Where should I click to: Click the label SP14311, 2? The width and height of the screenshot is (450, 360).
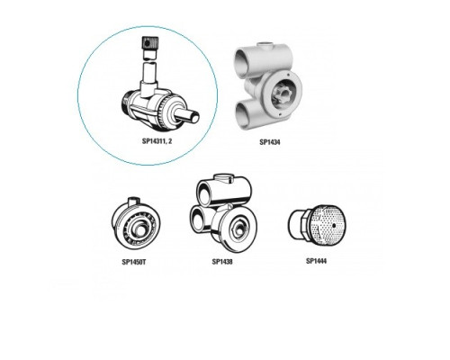click(x=157, y=141)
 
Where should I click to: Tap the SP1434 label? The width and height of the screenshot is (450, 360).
click(x=270, y=142)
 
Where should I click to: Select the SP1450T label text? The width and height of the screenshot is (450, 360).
click(x=134, y=262)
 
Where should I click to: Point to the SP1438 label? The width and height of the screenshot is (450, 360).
click(x=222, y=262)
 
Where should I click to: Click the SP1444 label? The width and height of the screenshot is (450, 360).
click(x=316, y=261)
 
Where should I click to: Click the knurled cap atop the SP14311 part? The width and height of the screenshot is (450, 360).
click(x=148, y=44)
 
